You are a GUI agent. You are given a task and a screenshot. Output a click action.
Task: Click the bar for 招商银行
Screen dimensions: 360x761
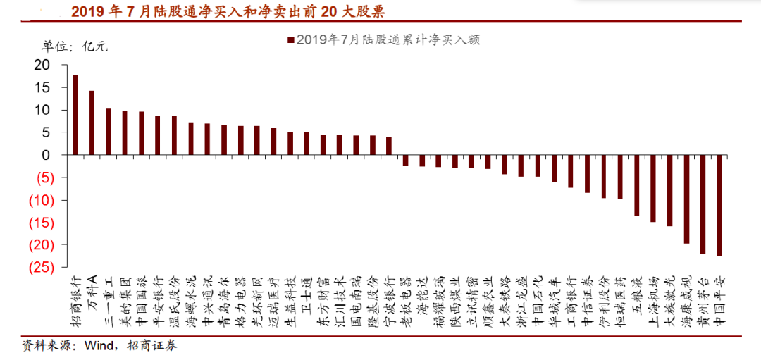coord(75,115)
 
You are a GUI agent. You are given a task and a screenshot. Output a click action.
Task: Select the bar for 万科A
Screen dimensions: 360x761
coord(92,123)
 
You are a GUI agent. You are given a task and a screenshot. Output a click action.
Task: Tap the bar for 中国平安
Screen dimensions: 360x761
coord(719,205)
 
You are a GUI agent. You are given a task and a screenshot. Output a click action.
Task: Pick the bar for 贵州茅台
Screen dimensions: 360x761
coord(703,204)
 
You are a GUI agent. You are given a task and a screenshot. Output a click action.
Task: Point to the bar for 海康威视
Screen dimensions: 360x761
coord(686,199)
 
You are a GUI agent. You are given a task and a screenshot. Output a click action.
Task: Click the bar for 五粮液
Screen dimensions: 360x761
coord(637,185)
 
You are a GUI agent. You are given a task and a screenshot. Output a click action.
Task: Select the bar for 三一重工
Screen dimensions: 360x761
coord(109,132)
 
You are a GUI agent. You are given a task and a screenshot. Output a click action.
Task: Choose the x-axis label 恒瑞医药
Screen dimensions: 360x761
coord(619,297)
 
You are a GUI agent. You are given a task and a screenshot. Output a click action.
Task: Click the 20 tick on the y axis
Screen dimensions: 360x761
coord(42,65)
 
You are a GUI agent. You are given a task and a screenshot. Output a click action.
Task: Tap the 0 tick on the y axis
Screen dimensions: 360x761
coord(47,155)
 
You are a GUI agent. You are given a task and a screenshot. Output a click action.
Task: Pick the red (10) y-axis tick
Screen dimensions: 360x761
coord(39,200)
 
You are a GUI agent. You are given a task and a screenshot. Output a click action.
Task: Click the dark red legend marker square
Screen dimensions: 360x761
coord(290,40)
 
